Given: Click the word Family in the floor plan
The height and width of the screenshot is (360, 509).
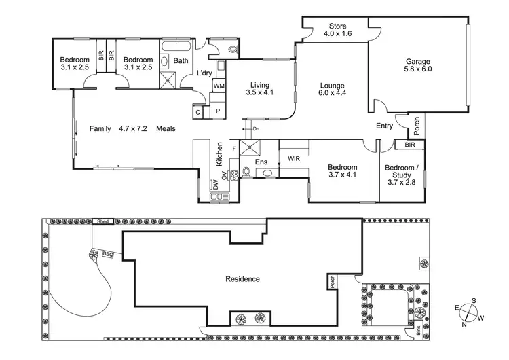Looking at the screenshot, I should coord(100,128).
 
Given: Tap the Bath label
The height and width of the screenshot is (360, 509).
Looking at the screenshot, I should coord(181,61).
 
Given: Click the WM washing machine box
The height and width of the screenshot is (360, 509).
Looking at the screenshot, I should coord(219,86).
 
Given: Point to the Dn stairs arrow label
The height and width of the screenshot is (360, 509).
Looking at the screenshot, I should coord(256,128).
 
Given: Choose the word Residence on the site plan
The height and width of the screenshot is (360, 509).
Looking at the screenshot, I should coord(242,278).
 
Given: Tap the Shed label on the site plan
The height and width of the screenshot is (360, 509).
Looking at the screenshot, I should coord(103,221).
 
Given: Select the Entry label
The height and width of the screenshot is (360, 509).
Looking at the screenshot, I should coord(385,126).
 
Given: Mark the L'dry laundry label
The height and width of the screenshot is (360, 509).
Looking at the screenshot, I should coord(204,73).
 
